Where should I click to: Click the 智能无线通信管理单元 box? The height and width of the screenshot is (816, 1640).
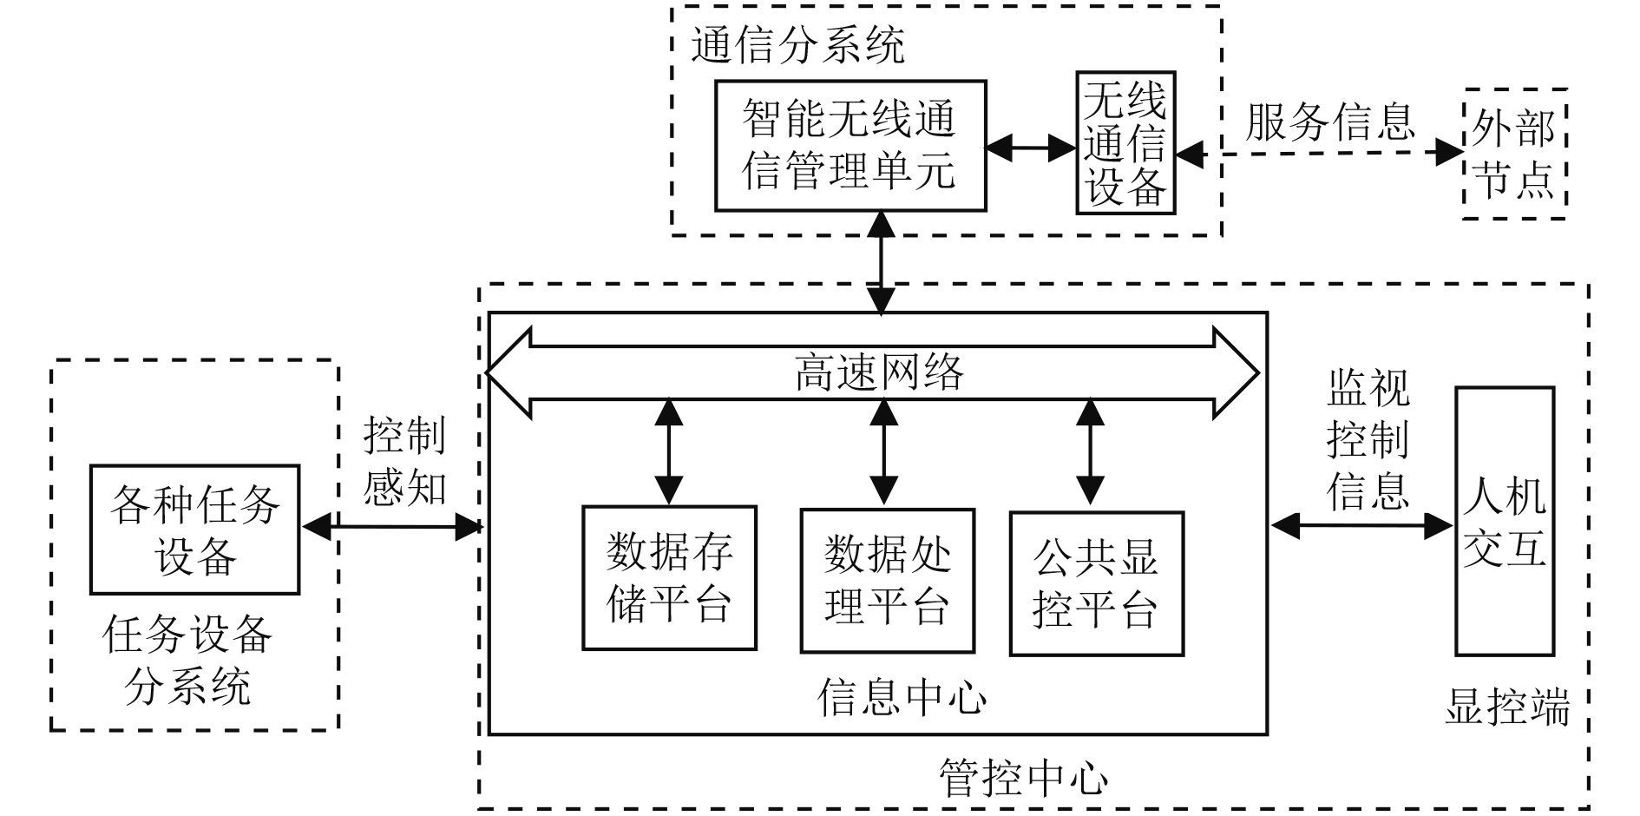[x=850, y=146]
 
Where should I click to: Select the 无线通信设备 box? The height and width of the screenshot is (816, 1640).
[x=1125, y=143]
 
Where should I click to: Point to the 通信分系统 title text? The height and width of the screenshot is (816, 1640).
[x=797, y=45]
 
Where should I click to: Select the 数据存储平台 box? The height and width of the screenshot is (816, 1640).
[x=669, y=578]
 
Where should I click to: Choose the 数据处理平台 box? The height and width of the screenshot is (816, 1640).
[x=887, y=580]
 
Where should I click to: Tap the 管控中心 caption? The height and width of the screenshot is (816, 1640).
[x=1024, y=777]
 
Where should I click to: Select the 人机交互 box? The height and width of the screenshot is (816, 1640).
[x=1504, y=521]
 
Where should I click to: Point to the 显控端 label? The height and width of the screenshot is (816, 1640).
[x=1506, y=707]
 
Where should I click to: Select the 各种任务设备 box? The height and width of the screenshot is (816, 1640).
[x=194, y=530]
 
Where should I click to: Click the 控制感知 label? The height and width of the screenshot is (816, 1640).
[x=404, y=460]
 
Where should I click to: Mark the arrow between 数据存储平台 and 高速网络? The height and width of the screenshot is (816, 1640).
[x=668, y=451]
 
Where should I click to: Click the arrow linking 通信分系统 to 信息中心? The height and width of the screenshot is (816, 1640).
[x=882, y=262]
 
